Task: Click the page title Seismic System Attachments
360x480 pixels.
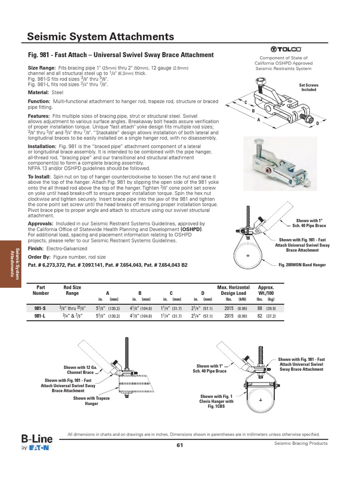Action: pyautogui.click(x=101, y=37)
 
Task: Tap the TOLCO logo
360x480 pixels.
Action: pyautogui.click(x=283, y=49)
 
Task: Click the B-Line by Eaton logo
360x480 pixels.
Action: pyautogui.click(x=37, y=443)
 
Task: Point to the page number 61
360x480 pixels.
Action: pyautogui.click(x=180, y=445)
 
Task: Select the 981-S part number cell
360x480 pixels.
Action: pyautogui.click(x=40, y=308)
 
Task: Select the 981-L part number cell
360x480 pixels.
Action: pyautogui.click(x=40, y=316)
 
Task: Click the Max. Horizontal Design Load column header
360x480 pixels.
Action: pyautogui.click(x=233, y=290)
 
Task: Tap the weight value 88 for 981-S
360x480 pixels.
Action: pyautogui.click(x=259, y=308)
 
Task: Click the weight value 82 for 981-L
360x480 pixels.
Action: pyautogui.click(x=259, y=316)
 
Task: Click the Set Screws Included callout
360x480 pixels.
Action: pyautogui.click(x=308, y=87)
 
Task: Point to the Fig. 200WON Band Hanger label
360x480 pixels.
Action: pyautogui.click(x=302, y=265)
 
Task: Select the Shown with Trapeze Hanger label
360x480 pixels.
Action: pyautogui.click(x=91, y=401)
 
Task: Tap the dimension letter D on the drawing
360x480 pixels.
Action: pyautogui.click(x=317, y=123)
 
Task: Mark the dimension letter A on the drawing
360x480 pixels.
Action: pyautogui.click(x=258, y=120)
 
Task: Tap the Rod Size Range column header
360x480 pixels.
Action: pyautogui.click(x=72, y=290)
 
